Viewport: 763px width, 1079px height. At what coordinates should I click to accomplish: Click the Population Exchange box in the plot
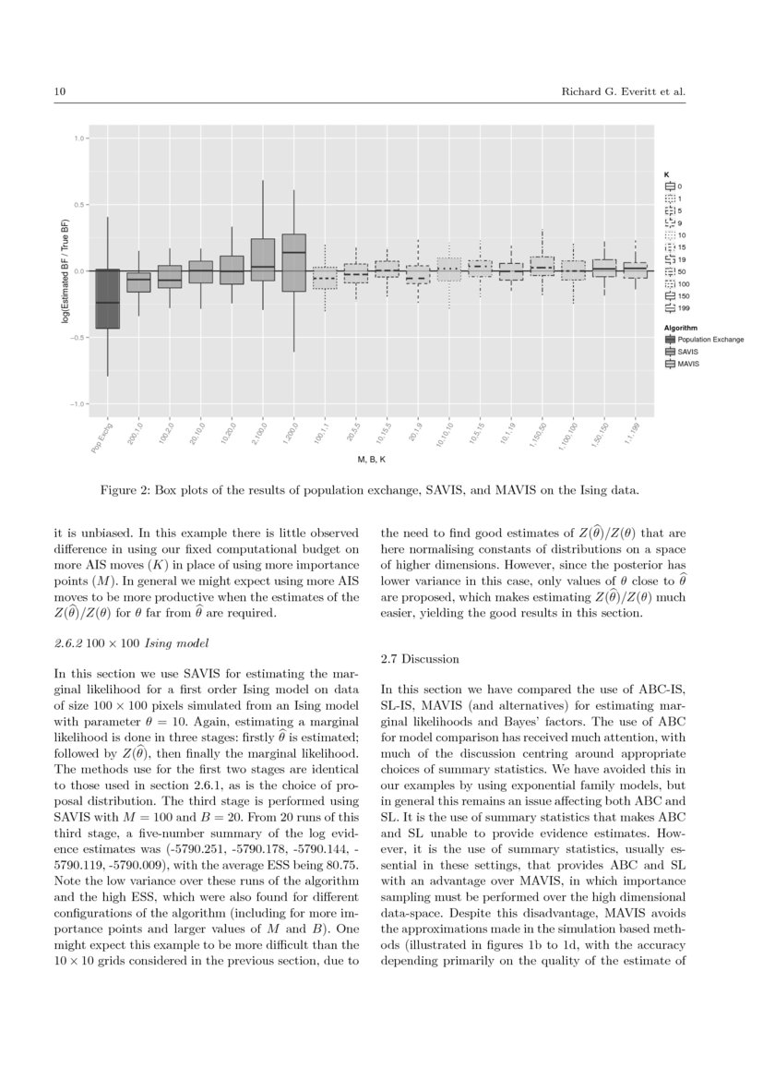(x=108, y=299)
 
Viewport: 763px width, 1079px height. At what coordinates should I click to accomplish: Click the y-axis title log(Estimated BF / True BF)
(x=66, y=270)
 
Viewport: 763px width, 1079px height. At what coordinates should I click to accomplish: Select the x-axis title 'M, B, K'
(x=374, y=459)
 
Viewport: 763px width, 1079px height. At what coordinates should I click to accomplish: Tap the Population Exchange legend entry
(x=709, y=340)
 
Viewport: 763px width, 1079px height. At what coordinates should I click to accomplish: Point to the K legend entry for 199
(x=683, y=308)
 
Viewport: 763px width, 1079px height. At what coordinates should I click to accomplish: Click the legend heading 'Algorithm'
(x=680, y=327)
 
